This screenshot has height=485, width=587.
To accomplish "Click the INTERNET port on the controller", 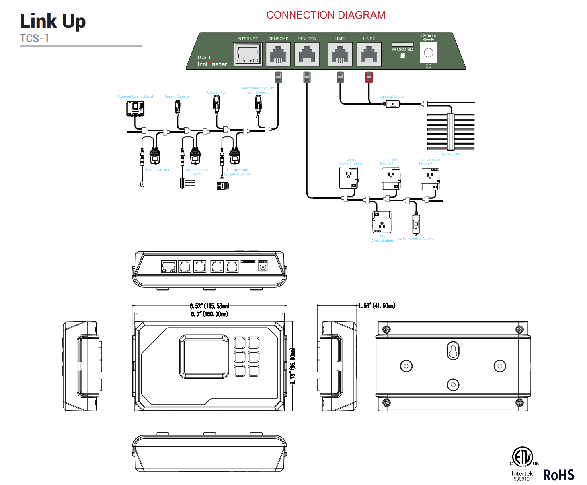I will [247, 54].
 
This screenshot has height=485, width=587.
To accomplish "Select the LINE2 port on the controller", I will [369, 54].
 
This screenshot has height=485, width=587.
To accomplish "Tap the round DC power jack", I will [429, 53].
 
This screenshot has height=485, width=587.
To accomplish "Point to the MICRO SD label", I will [402, 50].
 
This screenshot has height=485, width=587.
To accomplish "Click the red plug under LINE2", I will [369, 77].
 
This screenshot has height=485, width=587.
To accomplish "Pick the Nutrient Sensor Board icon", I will [135, 109].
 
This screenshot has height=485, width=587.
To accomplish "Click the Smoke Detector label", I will [177, 97].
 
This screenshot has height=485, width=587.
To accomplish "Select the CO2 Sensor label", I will [216, 93].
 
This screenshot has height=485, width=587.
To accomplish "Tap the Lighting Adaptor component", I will [392, 104].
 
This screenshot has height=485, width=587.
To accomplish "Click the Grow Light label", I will [450, 154].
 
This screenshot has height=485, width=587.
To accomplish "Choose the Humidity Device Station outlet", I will [391, 178].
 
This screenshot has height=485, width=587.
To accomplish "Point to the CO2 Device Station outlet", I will [382, 222].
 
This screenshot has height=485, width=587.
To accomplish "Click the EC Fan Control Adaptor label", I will [416, 239].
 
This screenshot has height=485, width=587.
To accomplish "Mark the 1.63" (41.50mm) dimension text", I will [377, 306].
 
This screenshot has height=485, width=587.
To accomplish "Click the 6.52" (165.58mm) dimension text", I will [209, 306].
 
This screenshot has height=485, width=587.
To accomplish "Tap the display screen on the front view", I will [204, 357].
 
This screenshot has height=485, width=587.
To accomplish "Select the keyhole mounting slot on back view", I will [453, 351].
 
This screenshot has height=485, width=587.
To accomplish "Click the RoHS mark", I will [559, 475].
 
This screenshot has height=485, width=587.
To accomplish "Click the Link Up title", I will [53, 22].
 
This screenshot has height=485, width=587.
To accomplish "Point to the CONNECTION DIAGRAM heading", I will [326, 15].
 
